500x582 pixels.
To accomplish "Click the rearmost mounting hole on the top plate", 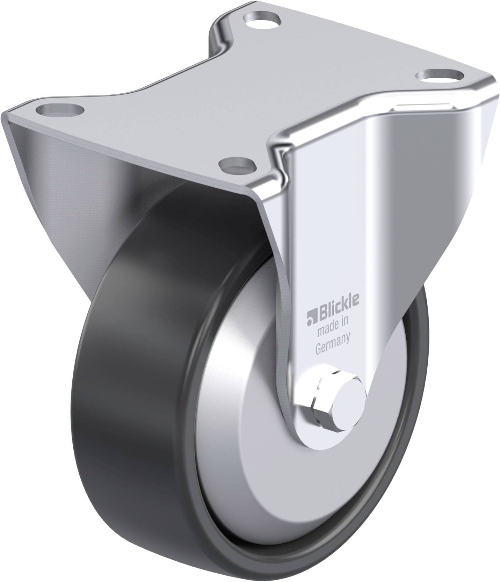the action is pos(262,19).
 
